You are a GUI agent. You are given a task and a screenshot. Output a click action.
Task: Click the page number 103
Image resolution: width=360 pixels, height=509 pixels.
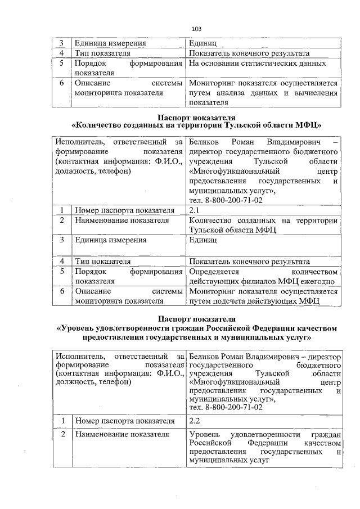pyautogui.click(x=196, y=28)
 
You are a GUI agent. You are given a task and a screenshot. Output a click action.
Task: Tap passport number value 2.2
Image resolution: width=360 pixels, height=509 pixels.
pyautogui.click(x=195, y=420)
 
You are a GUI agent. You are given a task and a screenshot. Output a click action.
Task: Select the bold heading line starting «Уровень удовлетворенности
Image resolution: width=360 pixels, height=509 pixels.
pyautogui.click(x=196, y=328)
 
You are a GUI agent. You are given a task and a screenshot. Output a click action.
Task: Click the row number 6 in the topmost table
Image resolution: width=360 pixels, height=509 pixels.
pyautogui.click(x=62, y=83)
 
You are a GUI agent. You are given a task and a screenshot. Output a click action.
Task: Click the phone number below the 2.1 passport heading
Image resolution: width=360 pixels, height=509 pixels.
pyautogui.click(x=226, y=200)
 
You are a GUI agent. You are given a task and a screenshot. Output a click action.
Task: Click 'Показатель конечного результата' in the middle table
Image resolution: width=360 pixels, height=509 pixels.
pyautogui.click(x=249, y=262)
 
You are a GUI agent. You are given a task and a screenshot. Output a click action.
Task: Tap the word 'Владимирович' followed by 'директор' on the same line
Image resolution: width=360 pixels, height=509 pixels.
pyautogui.click(x=274, y=357)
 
